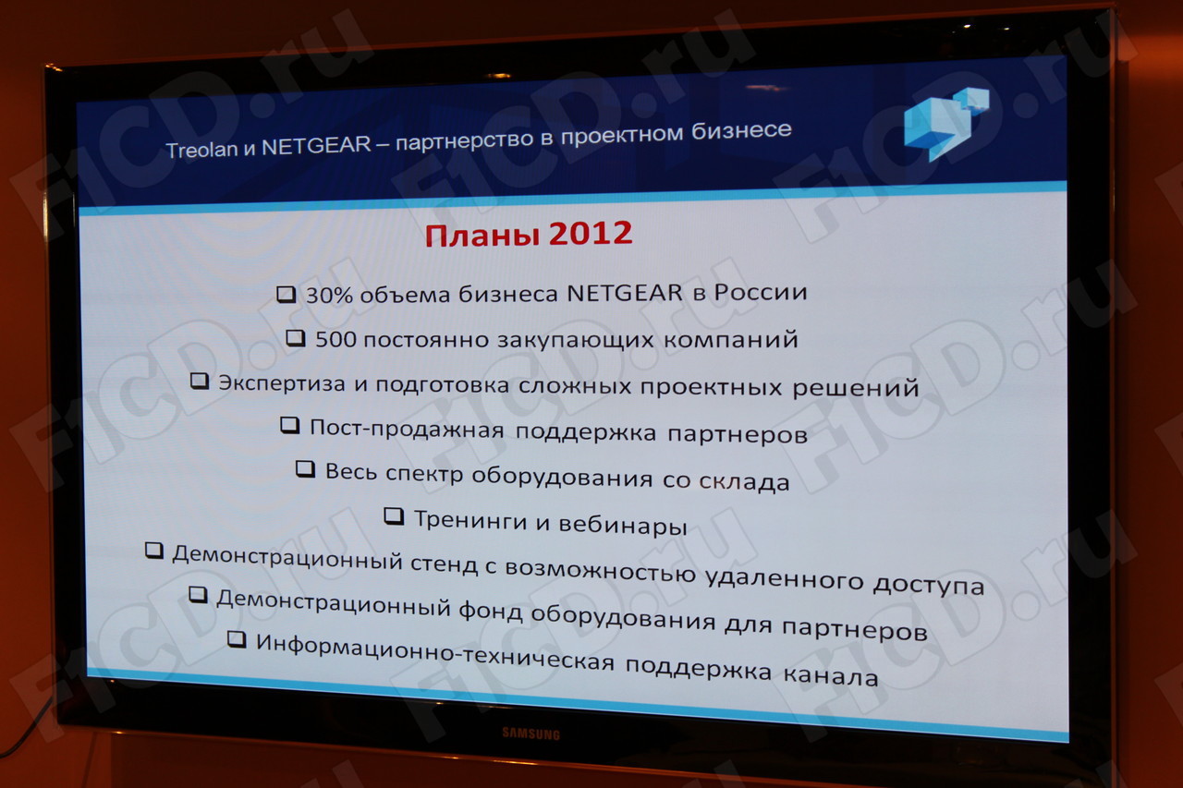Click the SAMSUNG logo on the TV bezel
(x=531, y=733)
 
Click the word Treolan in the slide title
(x=201, y=150)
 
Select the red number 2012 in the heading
(x=590, y=234)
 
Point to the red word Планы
(x=482, y=236)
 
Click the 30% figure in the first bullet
(x=330, y=296)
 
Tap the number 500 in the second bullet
(x=335, y=339)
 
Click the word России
(x=761, y=293)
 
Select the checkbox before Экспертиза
(x=200, y=382)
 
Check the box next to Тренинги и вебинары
(x=394, y=515)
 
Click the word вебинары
(x=623, y=525)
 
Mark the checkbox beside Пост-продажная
(x=289, y=425)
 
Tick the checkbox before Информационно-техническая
(x=237, y=639)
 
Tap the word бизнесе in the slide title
(x=741, y=130)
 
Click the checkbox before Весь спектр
(x=305, y=468)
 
